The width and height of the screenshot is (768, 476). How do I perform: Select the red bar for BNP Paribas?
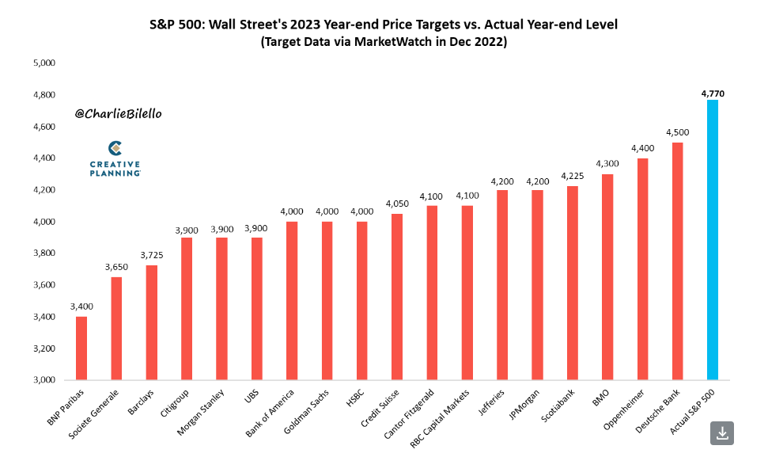tap(81, 348)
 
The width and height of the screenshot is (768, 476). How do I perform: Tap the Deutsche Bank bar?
tap(677, 261)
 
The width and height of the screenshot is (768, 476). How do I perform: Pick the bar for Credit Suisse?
tap(397, 297)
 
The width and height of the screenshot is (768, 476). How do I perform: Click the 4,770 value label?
tap(713, 93)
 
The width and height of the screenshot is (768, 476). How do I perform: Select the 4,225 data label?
tap(572, 176)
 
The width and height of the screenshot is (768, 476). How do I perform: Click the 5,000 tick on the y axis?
tap(44, 63)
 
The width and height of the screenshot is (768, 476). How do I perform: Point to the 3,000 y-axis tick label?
tap(44, 380)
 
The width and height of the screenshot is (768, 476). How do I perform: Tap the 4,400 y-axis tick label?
tap(44, 158)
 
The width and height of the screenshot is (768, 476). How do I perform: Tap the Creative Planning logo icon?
tap(115, 149)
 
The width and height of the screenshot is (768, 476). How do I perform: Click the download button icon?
tap(722, 433)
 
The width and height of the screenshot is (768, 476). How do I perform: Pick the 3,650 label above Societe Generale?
tap(116, 267)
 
